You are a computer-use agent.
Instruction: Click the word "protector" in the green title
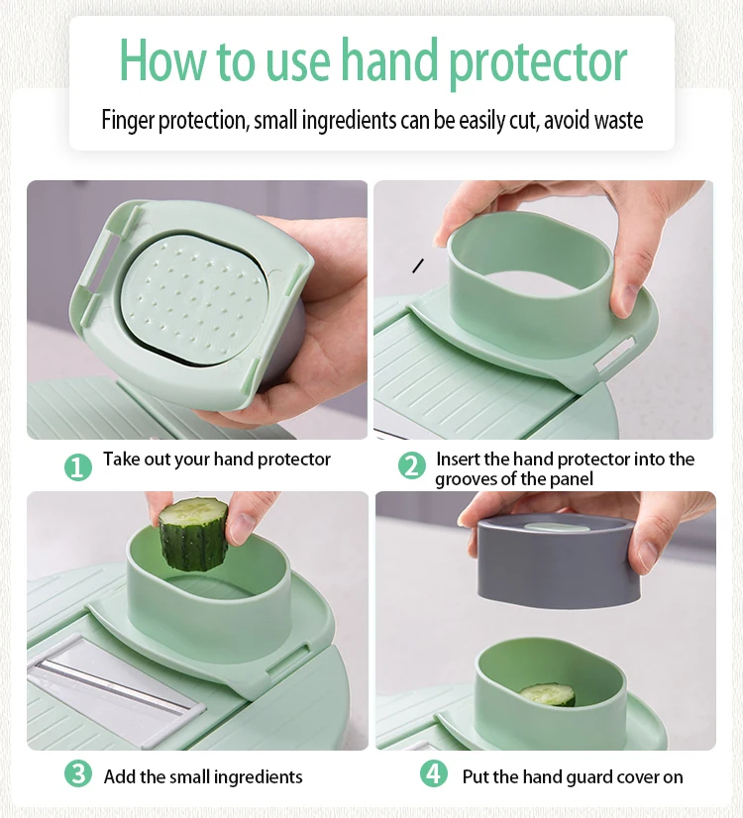[537, 61]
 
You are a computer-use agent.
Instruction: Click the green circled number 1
[77, 466]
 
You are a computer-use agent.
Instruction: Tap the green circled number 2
[412, 465]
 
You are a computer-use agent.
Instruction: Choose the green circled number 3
[77, 773]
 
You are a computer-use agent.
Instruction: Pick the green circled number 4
[434, 773]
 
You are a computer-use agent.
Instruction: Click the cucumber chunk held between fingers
[192, 534]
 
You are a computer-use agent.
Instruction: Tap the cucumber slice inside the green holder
[547, 695]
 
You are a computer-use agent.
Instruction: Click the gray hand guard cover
[559, 561]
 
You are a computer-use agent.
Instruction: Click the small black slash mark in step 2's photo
[418, 265]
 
